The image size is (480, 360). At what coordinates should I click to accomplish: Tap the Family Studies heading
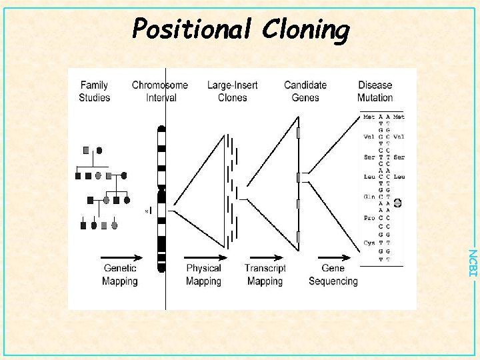94,91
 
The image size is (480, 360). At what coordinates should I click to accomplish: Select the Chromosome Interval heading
160,91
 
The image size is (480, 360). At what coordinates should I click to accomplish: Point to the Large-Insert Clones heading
233,91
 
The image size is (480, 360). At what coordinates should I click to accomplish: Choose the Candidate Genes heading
305,91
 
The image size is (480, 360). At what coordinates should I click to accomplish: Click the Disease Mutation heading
375,91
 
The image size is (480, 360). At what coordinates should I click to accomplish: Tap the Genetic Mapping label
120,275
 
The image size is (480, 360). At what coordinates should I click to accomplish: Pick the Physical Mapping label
203,275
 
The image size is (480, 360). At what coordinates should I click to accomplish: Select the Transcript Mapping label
265,275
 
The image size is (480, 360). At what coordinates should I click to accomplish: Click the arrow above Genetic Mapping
121,257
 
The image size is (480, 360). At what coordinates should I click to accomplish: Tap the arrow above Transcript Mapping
265,257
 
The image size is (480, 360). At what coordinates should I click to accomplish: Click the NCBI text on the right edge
471,263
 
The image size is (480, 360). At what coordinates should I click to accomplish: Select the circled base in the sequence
398,203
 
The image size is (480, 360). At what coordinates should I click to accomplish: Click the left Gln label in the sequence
369,197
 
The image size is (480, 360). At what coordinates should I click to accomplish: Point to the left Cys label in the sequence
369,243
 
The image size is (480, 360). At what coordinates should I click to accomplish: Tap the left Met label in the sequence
369,117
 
